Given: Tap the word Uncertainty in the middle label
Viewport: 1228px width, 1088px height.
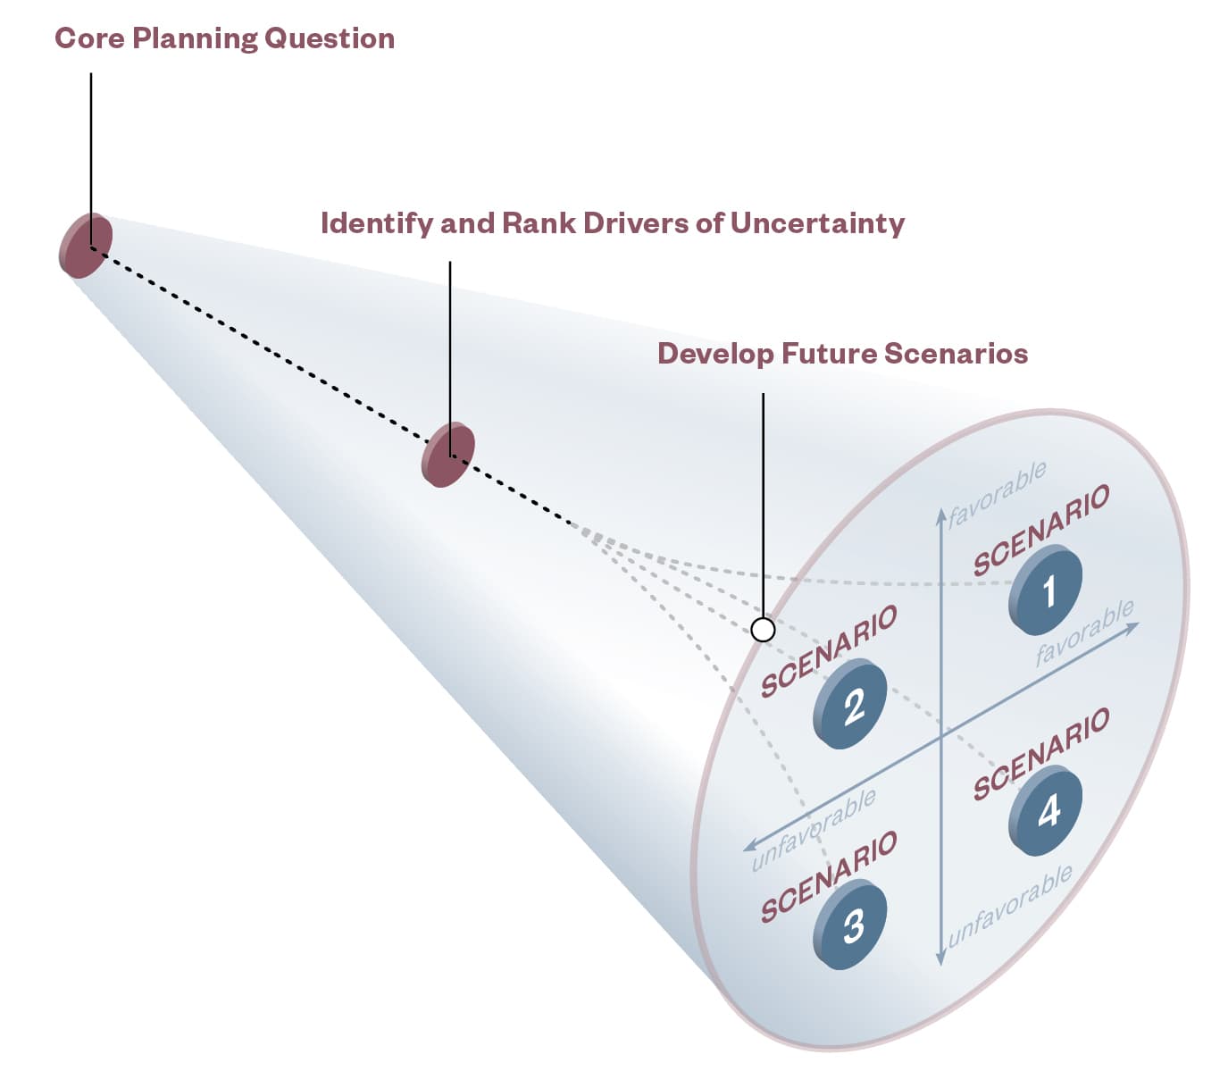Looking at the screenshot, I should pyautogui.click(x=817, y=223).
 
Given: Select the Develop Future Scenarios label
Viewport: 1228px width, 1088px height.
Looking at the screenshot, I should pyautogui.click(x=842, y=354).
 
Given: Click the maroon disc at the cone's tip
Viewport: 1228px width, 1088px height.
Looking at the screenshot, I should pyautogui.click(x=86, y=246).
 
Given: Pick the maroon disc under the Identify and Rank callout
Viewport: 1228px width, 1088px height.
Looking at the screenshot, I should pyautogui.click(x=447, y=455).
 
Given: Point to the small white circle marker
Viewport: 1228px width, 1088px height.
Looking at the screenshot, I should pyautogui.click(x=763, y=630).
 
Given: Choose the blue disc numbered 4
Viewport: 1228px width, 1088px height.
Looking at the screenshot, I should pyautogui.click(x=1047, y=810).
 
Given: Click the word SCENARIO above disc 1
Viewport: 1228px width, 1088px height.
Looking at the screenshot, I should pyautogui.click(x=1041, y=530).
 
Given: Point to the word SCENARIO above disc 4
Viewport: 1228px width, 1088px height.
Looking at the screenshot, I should pyautogui.click(x=1041, y=754).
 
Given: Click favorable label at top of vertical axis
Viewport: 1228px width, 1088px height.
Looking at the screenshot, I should pyautogui.click(x=997, y=494).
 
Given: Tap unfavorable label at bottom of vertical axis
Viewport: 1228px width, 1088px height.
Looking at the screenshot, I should pyautogui.click(x=1010, y=906).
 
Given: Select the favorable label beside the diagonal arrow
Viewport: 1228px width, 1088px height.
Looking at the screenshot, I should pyautogui.click(x=1084, y=632).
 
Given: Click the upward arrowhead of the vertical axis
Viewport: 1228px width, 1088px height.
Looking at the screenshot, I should pyautogui.click(x=940, y=513).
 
